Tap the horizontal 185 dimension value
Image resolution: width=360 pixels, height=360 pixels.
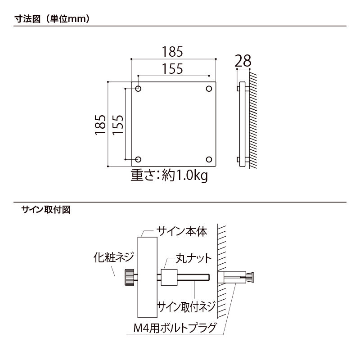tap(173, 52)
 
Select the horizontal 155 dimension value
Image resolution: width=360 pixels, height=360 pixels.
tap(173, 69)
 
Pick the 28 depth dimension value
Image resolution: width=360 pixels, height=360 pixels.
tap(243, 61)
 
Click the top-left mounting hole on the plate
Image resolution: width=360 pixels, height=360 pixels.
tap(138, 89)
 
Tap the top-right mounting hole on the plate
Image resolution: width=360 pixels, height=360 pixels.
tap(209, 89)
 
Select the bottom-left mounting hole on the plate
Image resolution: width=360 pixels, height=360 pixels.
tap(138, 159)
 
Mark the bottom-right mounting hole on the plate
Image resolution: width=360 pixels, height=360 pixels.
tap(209, 159)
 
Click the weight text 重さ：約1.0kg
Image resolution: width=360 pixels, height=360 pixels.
tap(169, 175)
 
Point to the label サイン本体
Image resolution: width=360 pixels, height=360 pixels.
tap(181, 232)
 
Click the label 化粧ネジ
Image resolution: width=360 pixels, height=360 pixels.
tap(113, 257)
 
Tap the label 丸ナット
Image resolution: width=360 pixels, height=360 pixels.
tap(193, 258)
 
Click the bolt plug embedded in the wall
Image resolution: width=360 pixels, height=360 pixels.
tap(236, 276)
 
